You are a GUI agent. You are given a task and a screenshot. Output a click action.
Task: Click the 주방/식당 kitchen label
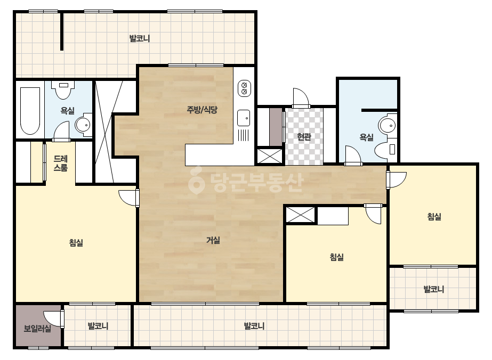point(202,110)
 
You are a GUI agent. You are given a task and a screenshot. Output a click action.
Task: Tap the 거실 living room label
point(213,240)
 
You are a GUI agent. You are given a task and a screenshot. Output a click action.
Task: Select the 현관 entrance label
point(304,136)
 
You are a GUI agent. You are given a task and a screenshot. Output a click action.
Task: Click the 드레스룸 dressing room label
point(61,163)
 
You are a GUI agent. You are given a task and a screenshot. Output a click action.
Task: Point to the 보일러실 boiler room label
point(37,329)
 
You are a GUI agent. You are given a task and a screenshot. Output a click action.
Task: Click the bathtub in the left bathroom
point(30,111)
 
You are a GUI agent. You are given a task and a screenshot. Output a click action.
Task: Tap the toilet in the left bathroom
point(63,89)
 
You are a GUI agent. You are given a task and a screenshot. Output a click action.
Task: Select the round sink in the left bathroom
point(83,125)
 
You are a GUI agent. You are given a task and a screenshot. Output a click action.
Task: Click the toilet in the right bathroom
point(386,149)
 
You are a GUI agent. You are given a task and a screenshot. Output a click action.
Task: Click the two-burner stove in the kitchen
point(245,88)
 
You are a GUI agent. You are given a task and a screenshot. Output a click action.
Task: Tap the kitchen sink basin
point(244,118)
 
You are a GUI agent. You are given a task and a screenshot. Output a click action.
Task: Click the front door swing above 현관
point(301,98)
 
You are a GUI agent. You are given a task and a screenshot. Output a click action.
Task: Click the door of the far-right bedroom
point(397,180)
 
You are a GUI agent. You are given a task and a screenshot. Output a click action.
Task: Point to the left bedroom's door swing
point(128,198)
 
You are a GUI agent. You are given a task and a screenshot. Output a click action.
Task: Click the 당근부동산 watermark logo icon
point(197,181)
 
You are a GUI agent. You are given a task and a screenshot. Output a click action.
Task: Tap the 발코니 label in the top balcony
point(140,38)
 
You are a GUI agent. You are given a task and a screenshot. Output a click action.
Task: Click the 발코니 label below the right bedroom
point(434,289)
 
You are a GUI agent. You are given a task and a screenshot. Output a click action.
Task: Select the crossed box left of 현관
point(270,156)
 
